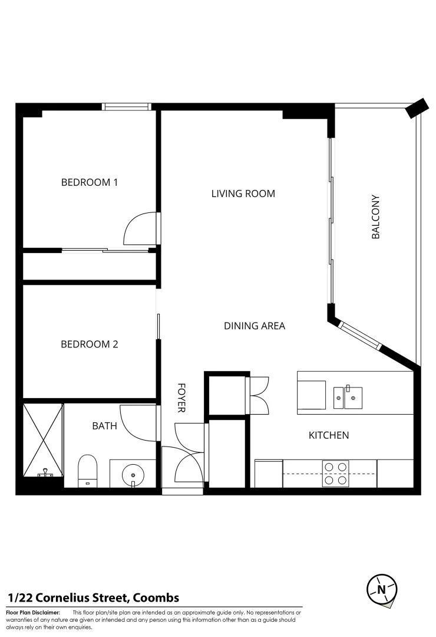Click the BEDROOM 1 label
tap(90, 182)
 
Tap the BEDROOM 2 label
tap(90, 344)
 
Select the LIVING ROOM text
tap(243, 193)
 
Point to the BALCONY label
tap(375, 217)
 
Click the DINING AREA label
tap(255, 326)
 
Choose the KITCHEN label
tap(329, 435)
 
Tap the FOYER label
tap(181, 398)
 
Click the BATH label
tap(105, 425)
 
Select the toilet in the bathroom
tap(87, 471)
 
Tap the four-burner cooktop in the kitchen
tap(335, 473)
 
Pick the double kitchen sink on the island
tap(348, 397)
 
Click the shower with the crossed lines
tap(42, 440)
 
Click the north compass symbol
tap(381, 589)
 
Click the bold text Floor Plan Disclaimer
tap(34, 613)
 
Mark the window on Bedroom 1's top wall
tap(127, 107)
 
